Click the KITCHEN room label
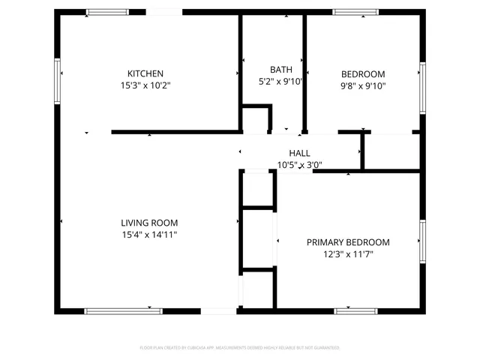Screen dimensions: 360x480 pos(145,73)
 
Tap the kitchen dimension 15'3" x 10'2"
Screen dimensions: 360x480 pos(145,85)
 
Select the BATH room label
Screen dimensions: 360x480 pos(270,70)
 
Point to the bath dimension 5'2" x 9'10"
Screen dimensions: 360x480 pos(280,82)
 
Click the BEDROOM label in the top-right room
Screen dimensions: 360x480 pos(363,73)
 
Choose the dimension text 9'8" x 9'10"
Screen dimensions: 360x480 pos(363,85)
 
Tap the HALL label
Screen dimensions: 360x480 pos(289,153)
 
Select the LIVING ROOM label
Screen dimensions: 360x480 pos(149,223)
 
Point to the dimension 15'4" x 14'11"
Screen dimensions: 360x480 pos(149,235)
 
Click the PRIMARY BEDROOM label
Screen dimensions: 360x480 pos(348,242)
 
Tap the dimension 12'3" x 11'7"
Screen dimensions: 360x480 pos(348,254)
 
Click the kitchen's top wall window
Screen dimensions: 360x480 pos(107,12)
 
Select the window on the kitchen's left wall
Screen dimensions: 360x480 pos(56,80)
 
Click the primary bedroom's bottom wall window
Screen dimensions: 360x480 pos(355,310)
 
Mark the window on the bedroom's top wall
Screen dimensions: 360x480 pos(355,12)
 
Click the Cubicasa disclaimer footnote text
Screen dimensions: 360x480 pos(240,348)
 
